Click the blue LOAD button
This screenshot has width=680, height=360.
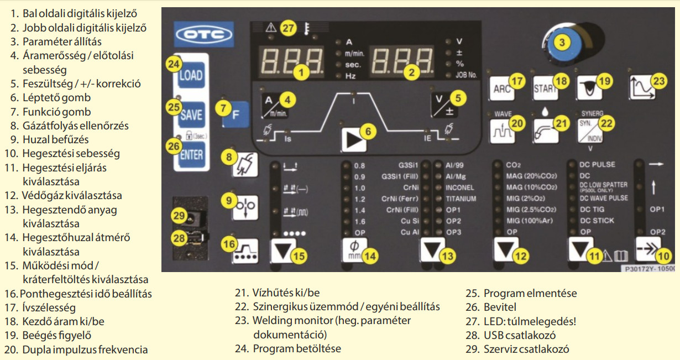pos(191,76)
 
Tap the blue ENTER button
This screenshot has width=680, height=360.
pos(191,154)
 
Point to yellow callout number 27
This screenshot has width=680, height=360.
pos(288,28)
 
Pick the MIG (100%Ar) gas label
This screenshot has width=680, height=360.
pos(530,221)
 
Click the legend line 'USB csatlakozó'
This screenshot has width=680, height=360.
pos(519,335)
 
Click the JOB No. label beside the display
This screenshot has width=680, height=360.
pos(466,75)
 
